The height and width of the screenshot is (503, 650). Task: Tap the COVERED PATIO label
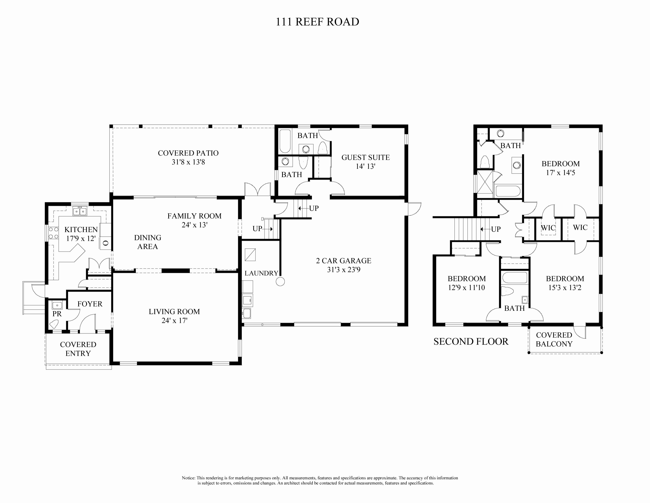[x=188, y=153]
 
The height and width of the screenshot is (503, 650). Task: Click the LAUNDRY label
[x=261, y=273]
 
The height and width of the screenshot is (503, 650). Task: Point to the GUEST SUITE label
[x=365, y=157]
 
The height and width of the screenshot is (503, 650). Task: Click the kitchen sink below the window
[x=80, y=212]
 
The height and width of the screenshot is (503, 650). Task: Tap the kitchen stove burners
[x=53, y=233]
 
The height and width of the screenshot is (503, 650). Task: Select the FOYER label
[x=90, y=304]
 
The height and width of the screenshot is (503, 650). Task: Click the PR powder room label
[x=57, y=314]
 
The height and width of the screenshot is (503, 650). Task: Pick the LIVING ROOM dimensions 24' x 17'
[x=174, y=321]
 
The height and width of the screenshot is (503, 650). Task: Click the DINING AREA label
[x=148, y=242]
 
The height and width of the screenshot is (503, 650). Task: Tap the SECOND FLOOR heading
[x=471, y=341]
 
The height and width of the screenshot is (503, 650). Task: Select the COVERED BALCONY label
[x=554, y=339]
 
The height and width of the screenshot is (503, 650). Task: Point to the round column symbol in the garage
[x=280, y=282]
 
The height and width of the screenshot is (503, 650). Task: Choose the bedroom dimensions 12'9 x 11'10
[x=466, y=288]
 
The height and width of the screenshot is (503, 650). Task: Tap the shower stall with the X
[x=485, y=181]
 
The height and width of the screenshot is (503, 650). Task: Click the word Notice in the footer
[x=188, y=478]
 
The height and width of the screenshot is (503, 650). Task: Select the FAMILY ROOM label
[x=194, y=216]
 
